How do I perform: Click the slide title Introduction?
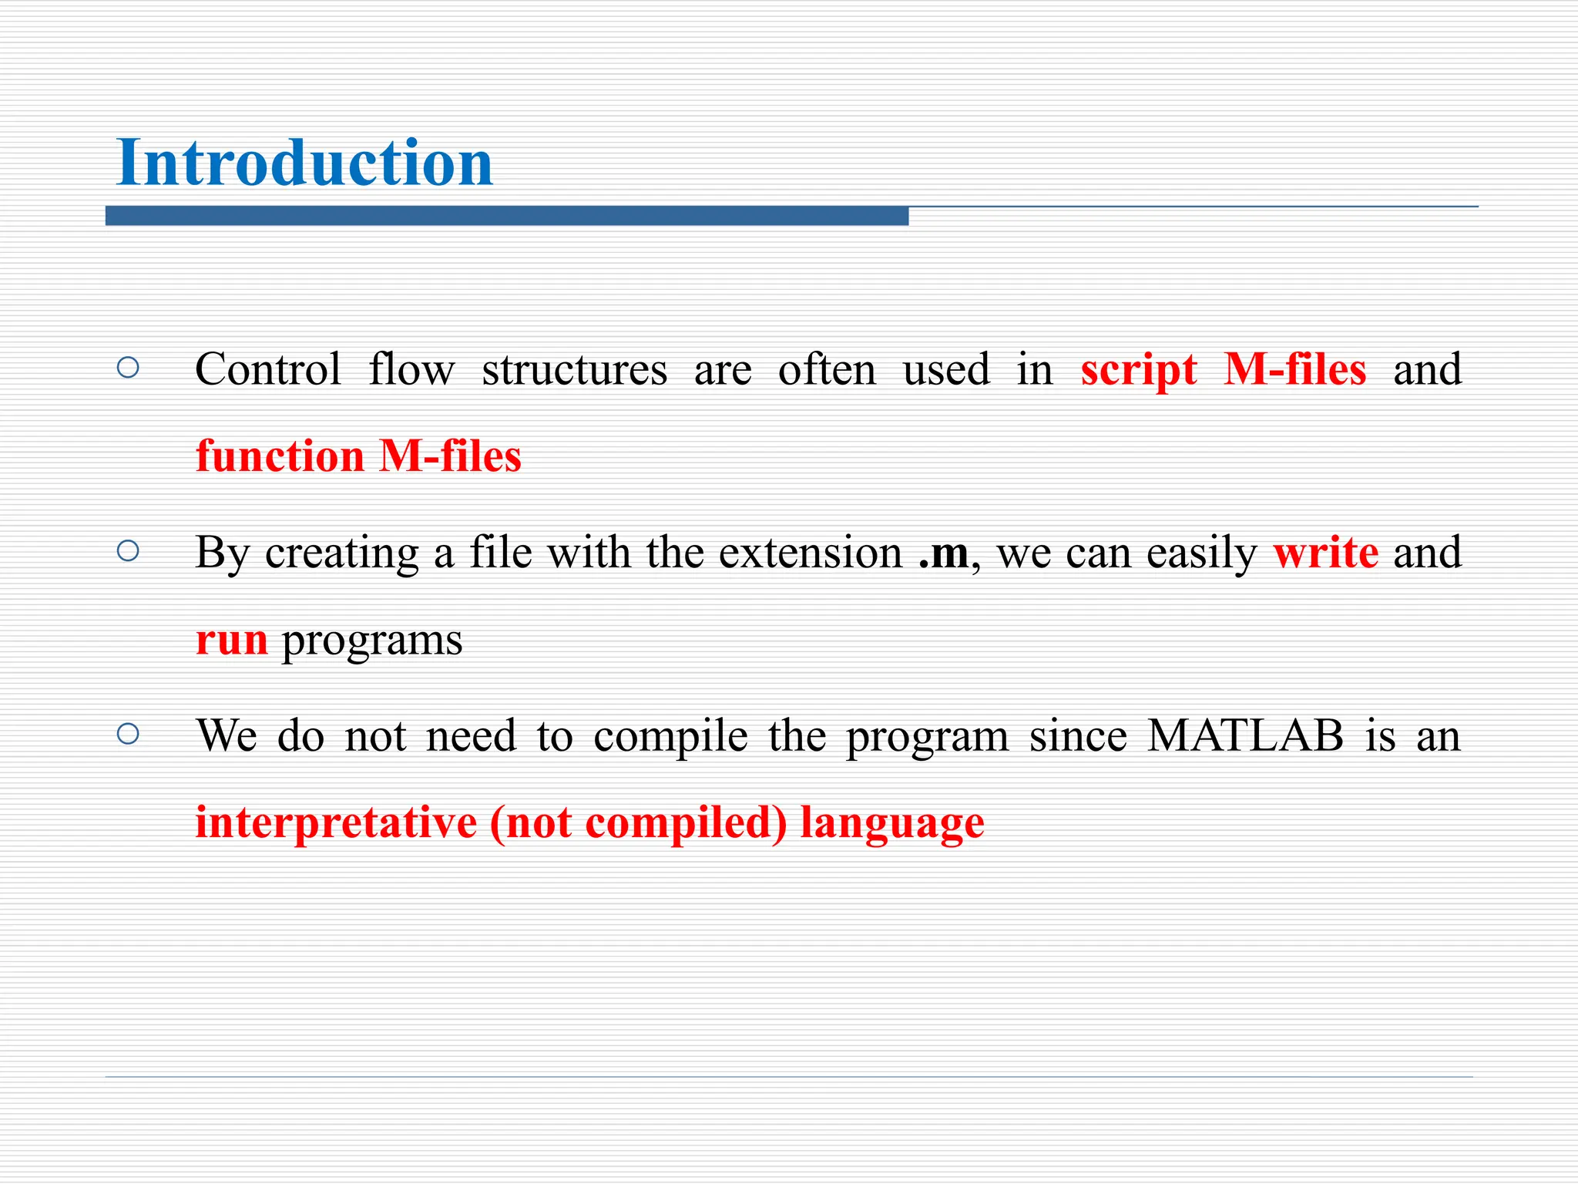[x=304, y=163]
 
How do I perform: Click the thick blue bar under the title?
[x=506, y=217]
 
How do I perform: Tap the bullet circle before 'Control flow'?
[x=128, y=368]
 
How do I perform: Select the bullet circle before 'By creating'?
[x=128, y=550]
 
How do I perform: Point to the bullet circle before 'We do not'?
[x=128, y=733]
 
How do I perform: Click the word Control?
[x=267, y=369]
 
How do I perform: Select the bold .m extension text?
[x=943, y=553]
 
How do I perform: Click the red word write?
[x=1325, y=553]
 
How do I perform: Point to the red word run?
[x=232, y=641]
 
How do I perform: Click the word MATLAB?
[x=1245, y=735]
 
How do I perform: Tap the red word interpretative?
[x=336, y=822]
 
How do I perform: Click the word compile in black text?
[x=670, y=737]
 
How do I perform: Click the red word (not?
[x=532, y=822]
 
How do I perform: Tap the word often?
[x=827, y=369]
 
